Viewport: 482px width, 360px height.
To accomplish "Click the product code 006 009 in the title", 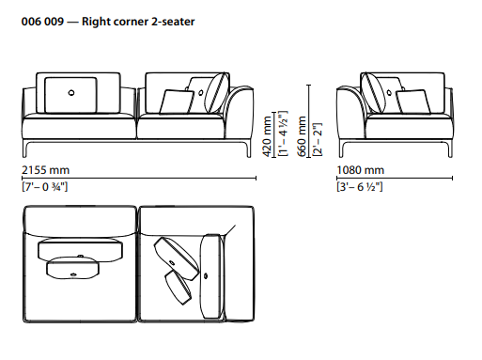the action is click(42, 22).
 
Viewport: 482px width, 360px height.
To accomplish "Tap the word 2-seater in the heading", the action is click(173, 22).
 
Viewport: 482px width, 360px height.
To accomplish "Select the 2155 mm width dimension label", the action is click(46, 170).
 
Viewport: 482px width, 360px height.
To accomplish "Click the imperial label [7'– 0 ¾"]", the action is click(45, 187).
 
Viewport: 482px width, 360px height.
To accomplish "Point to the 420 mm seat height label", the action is click(267, 136).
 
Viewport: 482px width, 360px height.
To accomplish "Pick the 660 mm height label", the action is click(302, 136).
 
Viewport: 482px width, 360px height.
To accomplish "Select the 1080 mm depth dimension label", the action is click(361, 170).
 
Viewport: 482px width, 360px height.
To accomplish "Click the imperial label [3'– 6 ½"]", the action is click(360, 187).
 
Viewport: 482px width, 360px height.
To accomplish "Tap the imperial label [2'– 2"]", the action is click(317, 139).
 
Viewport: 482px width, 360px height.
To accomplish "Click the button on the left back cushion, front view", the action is click(71, 93).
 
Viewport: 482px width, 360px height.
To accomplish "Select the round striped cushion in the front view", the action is click(217, 92).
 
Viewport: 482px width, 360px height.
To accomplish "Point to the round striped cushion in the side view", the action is click(373, 92).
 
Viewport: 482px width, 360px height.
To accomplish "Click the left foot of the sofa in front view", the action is click(26, 149).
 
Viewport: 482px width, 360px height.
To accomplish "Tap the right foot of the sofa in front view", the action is click(247, 149).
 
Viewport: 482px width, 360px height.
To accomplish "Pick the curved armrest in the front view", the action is click(240, 115).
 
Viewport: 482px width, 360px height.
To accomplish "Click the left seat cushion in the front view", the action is click(79, 126).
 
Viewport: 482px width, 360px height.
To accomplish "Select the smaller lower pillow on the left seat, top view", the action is click(73, 268).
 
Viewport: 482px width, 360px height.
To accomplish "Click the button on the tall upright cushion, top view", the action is click(206, 276).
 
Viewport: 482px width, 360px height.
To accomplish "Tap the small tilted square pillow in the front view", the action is click(177, 102).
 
